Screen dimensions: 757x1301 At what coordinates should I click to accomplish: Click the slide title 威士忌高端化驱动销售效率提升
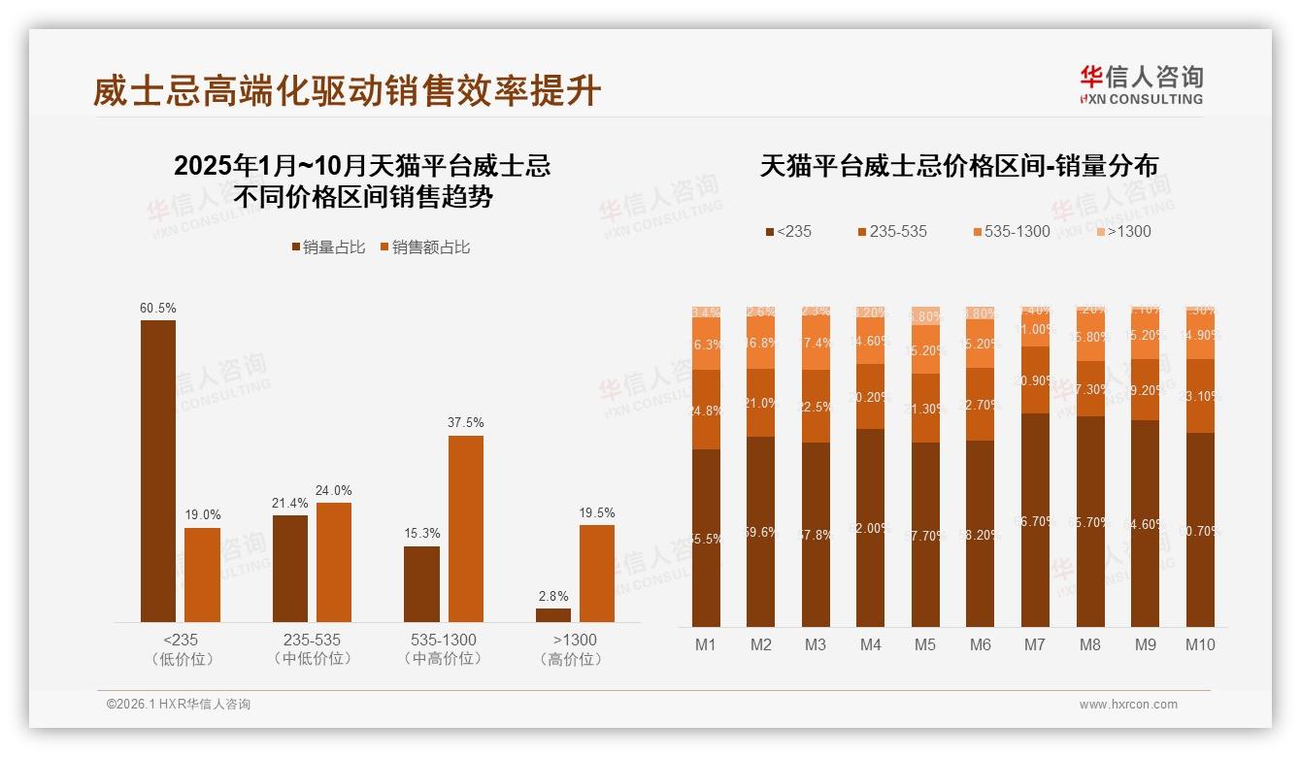(347, 91)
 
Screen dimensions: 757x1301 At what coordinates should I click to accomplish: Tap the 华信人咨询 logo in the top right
(1141, 84)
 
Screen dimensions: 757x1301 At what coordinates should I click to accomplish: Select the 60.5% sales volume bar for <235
(158, 471)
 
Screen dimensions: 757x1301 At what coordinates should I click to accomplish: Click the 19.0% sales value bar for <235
(202, 575)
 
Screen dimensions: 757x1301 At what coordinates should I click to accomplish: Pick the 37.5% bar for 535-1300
(465, 529)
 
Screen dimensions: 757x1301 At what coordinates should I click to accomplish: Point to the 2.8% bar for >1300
(553, 614)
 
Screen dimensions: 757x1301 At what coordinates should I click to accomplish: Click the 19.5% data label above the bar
(597, 512)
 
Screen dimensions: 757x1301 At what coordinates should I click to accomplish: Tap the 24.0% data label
(334, 490)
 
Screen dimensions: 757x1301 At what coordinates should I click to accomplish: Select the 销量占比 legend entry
(328, 247)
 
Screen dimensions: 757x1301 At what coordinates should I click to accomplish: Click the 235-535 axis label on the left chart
(312, 641)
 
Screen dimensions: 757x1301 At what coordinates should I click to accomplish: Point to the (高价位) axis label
(575, 659)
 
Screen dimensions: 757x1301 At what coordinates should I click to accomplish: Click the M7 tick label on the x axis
(1035, 644)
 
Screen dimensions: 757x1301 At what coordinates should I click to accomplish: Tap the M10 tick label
(1200, 644)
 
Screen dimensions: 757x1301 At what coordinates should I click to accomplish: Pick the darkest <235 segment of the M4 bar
(870, 528)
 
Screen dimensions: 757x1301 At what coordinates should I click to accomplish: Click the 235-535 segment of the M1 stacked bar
(706, 410)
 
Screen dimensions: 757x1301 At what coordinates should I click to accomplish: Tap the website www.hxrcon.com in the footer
(1128, 705)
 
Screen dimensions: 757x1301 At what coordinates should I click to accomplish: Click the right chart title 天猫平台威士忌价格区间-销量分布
(958, 166)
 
